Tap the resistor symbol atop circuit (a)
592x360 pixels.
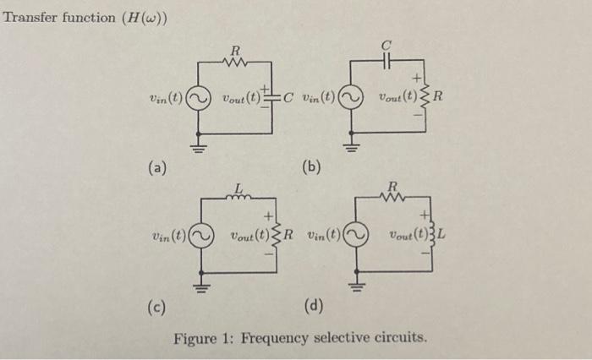click(x=234, y=62)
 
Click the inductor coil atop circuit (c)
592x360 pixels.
click(x=239, y=196)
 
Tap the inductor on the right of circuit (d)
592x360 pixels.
click(x=429, y=235)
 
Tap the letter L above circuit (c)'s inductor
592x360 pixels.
click(x=239, y=186)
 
